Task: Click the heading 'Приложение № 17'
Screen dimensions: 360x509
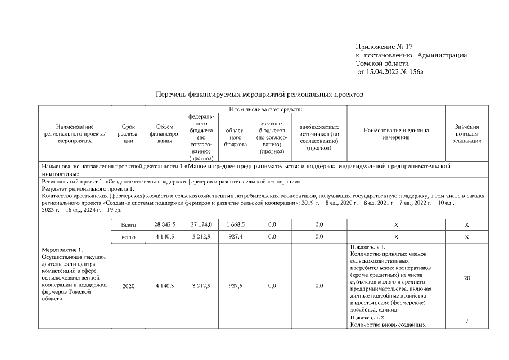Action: coord(380,46)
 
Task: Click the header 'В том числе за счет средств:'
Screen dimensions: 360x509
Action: coord(265,109)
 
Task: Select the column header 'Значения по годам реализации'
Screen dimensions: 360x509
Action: coord(466,134)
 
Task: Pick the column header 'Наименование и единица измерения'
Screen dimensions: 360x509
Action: coord(396,134)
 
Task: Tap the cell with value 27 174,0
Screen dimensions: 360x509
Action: coord(201,224)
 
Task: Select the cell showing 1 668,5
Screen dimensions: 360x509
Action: coord(235,224)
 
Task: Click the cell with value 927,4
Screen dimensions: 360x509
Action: coord(235,237)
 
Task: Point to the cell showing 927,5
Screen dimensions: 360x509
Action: coord(235,286)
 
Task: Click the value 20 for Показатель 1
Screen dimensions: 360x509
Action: coord(466,278)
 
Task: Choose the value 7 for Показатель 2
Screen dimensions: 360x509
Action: coord(466,321)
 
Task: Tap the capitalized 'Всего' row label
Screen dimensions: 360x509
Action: coord(128,224)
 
